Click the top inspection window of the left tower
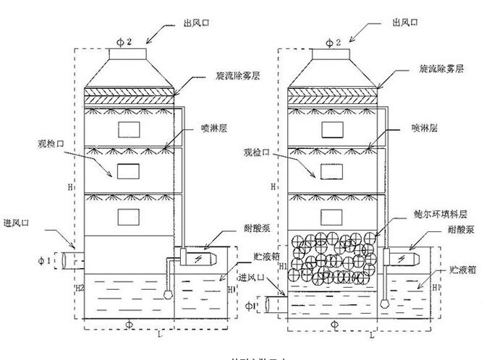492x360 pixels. pos(130,128)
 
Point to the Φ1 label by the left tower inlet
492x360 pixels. pos(44,258)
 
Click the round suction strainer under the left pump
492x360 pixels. pos(169,295)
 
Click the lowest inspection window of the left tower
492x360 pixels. pos(130,215)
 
